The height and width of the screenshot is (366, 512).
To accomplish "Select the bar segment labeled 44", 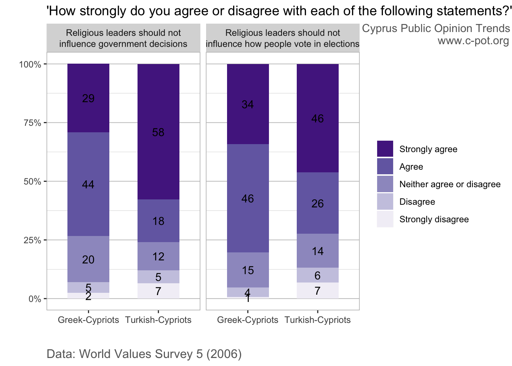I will point(88,184).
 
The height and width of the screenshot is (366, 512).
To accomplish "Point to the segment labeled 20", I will point(88,259).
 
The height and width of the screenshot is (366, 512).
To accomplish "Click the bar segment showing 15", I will point(248,270).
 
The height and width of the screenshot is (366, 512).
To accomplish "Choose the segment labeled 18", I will point(158,221).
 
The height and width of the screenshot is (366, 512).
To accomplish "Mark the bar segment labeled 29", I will point(88,98).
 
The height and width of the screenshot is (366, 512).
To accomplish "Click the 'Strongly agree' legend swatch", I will point(385,149).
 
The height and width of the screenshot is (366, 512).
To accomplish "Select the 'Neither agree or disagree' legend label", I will point(450,185).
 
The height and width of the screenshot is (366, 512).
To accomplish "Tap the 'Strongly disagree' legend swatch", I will point(385,219).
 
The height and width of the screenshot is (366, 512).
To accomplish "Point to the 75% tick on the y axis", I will point(30,123).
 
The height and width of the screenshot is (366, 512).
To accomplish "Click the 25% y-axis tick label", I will point(30,240).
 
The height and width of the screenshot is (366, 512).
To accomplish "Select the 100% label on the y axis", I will point(30,64).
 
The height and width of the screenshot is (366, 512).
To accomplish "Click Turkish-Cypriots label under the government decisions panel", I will point(158,320).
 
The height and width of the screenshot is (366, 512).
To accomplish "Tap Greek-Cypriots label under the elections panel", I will point(248,320).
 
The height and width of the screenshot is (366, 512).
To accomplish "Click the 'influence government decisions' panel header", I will point(123,39).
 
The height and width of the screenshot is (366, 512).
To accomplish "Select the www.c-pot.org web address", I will point(473,40).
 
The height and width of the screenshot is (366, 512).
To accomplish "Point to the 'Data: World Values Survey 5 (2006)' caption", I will point(144,354).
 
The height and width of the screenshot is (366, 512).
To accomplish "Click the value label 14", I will point(317,251).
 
